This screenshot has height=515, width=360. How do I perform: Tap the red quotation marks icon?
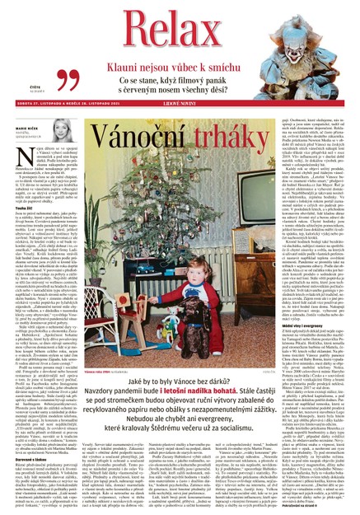67,80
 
